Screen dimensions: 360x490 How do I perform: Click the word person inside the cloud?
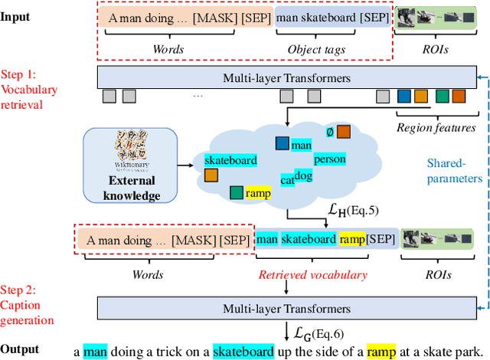331,159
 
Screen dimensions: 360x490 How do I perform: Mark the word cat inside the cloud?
288,180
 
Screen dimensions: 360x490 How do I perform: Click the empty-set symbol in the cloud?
329,132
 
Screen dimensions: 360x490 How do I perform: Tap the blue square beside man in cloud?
283,143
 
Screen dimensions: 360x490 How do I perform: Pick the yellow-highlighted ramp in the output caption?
382,351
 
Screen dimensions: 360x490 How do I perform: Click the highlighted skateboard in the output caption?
243,351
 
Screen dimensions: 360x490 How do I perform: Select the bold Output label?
21,349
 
